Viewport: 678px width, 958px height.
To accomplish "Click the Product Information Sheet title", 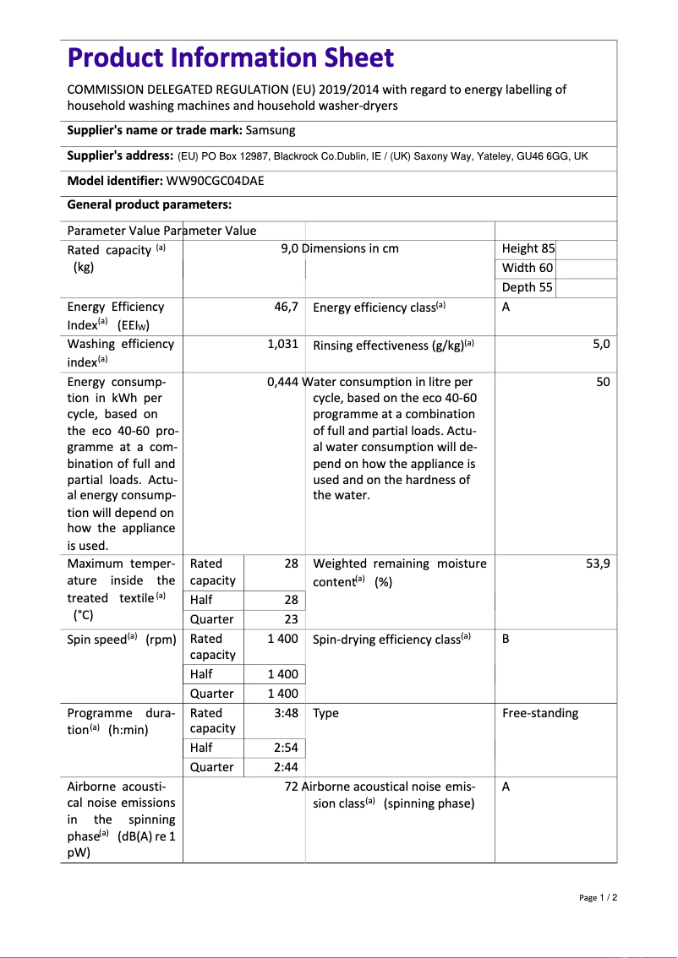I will point(230,58).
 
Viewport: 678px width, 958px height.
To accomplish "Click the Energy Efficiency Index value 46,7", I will point(286,308).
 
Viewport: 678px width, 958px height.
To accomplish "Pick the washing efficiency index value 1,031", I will point(282,345).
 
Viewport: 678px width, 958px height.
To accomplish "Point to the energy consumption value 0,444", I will point(282,382).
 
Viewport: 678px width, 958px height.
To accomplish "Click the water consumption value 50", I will point(602,382).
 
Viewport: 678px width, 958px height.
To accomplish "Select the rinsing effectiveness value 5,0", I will point(601,345).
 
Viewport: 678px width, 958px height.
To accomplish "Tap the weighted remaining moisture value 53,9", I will point(598,563).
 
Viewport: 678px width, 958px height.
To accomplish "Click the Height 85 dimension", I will point(528,248).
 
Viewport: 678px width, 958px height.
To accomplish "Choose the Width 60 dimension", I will point(528,268).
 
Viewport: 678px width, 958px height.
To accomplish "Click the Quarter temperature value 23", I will point(291,619).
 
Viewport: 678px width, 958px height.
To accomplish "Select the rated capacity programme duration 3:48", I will point(286,713).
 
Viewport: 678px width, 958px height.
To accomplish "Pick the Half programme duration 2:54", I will point(286,748).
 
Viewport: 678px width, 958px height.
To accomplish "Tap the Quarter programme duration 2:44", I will point(286,767).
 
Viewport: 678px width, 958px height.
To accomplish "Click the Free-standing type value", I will point(540,713).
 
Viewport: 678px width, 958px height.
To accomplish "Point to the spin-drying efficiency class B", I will point(506,639).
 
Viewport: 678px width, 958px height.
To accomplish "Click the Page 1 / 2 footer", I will point(598,897).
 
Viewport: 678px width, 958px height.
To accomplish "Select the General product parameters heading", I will point(149,204).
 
